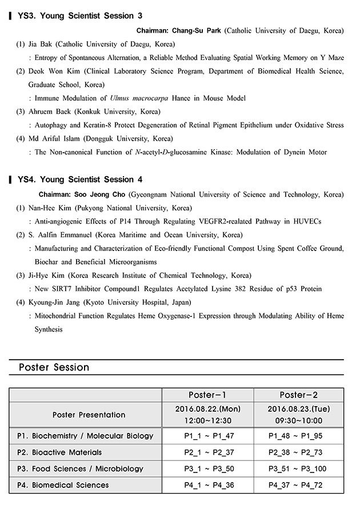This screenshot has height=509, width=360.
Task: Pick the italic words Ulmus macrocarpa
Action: click(142, 98)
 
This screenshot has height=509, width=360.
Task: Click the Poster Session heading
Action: click(54, 367)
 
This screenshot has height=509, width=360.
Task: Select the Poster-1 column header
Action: click(208, 395)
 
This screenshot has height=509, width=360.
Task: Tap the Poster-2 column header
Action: click(298, 395)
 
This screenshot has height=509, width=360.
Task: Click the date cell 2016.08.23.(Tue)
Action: click(298, 409)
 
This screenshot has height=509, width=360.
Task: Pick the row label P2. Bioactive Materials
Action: click(59, 452)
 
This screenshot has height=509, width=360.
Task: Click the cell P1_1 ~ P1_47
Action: click(208, 436)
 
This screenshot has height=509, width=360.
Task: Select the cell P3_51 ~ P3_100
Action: click(298, 469)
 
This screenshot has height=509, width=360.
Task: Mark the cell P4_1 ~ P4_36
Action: click(208, 485)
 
